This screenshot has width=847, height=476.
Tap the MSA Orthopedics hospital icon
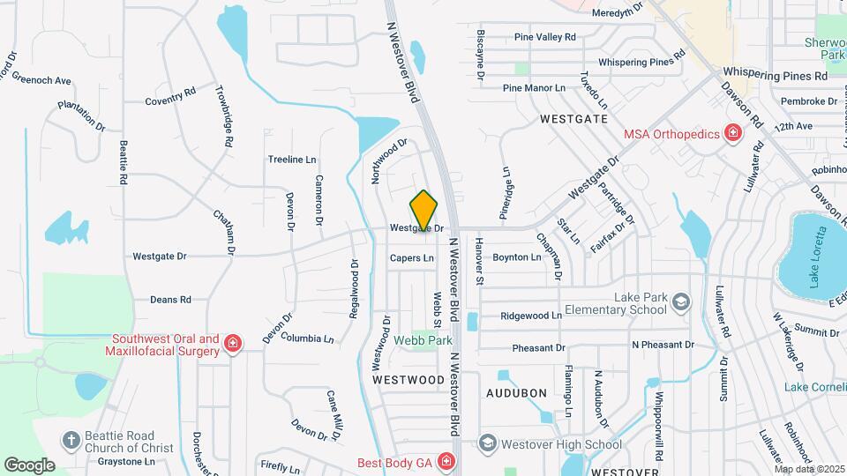coord(732,134)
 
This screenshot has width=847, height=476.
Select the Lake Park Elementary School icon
coord(681,303)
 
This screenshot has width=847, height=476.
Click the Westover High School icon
coord(487,443)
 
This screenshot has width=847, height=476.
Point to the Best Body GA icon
coord(447,461)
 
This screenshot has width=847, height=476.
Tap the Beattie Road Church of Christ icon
coord(71,440)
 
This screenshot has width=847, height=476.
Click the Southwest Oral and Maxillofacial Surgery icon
coord(232,344)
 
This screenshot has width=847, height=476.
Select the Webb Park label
coord(423,339)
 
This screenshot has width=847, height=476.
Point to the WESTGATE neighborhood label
coord(573,117)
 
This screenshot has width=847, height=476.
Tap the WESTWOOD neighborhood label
coord(408,380)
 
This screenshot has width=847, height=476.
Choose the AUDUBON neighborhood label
coord(517,392)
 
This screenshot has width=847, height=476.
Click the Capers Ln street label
coord(412,258)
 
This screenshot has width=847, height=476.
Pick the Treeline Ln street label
coord(292,160)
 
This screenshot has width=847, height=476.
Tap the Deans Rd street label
coord(170,300)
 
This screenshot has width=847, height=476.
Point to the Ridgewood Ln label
coord(531,316)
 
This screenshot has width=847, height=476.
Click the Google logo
coord(29,465)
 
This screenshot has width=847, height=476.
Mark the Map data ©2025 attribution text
coord(808,468)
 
